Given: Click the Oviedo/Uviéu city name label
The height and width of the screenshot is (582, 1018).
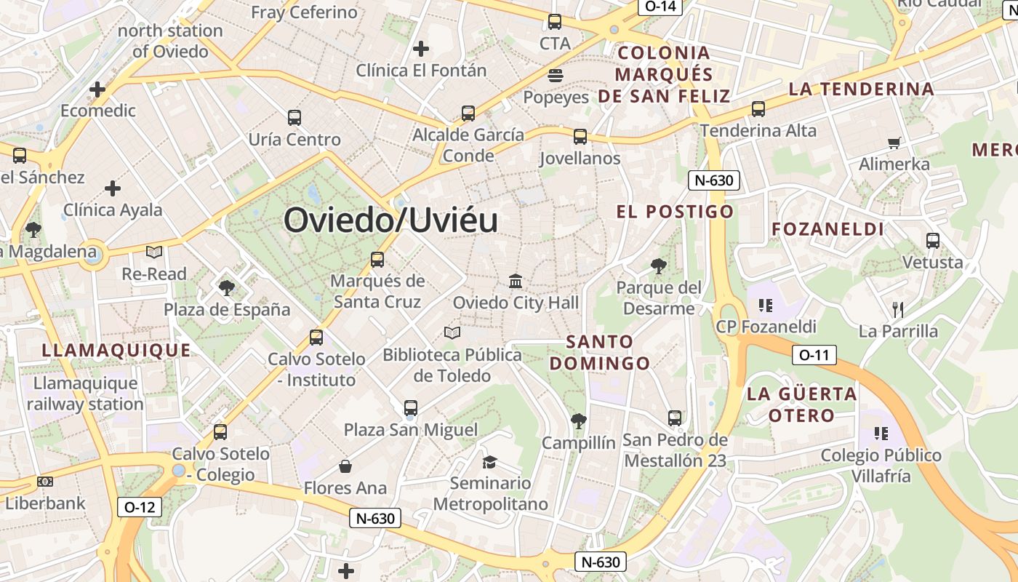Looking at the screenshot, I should click(391, 220).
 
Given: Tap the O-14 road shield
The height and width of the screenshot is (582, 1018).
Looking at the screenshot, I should click(660, 7).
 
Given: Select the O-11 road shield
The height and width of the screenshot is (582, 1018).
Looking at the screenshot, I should click(814, 355).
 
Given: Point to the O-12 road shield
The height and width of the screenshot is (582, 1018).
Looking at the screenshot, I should click(140, 507).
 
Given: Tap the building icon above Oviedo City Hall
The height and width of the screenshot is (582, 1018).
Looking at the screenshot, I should click(516, 281).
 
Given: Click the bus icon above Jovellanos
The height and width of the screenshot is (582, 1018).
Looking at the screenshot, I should click(580, 137).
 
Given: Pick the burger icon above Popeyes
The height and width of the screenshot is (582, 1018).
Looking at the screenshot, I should click(556, 76).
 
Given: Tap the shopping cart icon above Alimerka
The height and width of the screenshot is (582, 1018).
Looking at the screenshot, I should click(894, 143).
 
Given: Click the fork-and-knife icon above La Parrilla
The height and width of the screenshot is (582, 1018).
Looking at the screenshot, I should click(897, 310).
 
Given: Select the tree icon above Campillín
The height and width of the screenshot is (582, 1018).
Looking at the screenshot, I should click(579, 420).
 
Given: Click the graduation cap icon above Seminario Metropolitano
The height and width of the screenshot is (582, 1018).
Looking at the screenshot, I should click(489, 462).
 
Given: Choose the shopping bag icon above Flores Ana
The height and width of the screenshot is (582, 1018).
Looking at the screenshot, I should click(345, 466).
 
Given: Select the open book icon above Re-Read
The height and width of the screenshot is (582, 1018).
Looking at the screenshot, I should click(154, 252).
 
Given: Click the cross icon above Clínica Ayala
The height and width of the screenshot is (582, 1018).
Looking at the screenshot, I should click(113, 188).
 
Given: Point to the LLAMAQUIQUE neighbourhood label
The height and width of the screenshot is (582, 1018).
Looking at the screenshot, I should click(116, 350).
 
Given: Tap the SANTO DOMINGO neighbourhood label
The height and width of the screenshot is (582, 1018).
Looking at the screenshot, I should click(599, 352).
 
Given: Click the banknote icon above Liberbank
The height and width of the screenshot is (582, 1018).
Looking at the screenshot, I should click(45, 482).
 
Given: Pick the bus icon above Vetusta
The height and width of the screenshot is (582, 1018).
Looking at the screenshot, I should click(933, 241).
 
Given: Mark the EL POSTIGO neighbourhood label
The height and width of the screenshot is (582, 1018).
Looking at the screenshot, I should click(675, 212).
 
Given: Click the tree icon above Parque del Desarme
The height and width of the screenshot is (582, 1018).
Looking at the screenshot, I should click(659, 266).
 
